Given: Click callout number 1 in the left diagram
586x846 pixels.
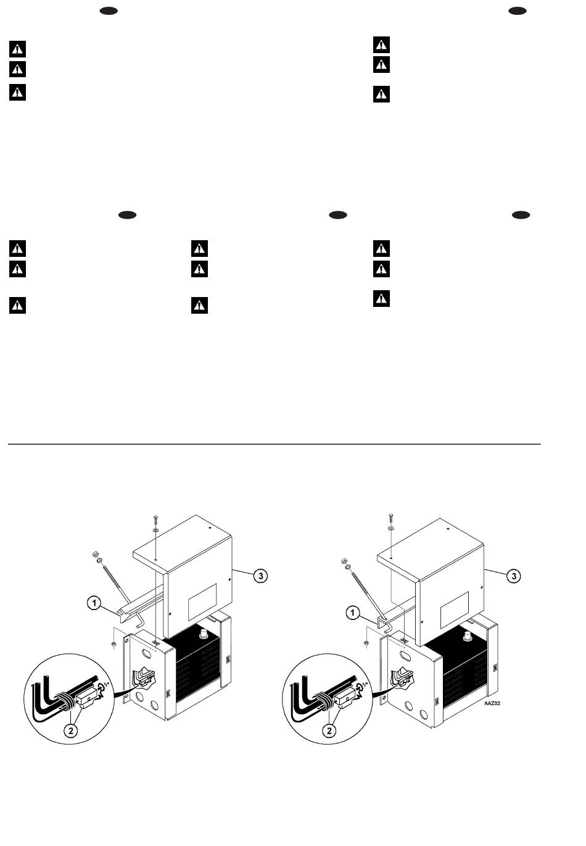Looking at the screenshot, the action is [x=94, y=603].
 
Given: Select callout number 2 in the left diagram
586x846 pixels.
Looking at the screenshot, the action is [x=71, y=731].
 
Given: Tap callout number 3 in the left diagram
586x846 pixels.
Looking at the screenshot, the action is [x=260, y=576].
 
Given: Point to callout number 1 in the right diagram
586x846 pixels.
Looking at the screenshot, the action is [x=353, y=613].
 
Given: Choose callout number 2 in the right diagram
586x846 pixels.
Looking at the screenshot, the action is [x=329, y=731].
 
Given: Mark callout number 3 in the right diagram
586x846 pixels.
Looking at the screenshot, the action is [x=514, y=576].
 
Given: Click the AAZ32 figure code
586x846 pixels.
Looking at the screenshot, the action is [x=492, y=703].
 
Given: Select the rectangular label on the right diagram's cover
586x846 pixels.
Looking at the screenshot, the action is [x=455, y=610].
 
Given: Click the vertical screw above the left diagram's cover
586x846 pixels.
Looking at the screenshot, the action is [x=155, y=520].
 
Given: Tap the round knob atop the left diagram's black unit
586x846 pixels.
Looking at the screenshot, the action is [x=204, y=632].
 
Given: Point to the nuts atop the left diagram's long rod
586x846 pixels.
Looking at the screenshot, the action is [x=97, y=558].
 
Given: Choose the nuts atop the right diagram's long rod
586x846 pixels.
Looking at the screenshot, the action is [x=345, y=563].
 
